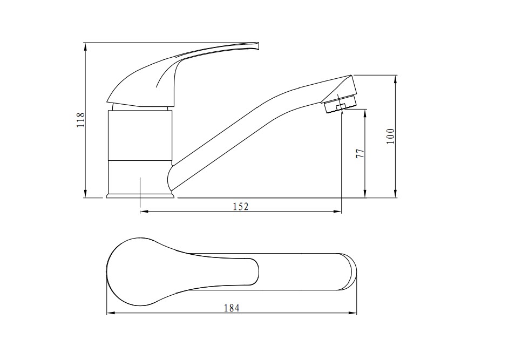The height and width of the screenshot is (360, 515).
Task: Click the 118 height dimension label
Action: (81, 120)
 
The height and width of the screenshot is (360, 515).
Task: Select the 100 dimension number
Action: (390, 136)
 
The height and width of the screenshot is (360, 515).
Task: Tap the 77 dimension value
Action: (360, 153)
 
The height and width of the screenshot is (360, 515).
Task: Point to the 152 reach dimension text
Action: (241, 207)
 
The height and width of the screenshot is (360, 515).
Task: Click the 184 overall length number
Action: (232, 308)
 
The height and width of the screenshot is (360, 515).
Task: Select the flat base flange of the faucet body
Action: (140, 196)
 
